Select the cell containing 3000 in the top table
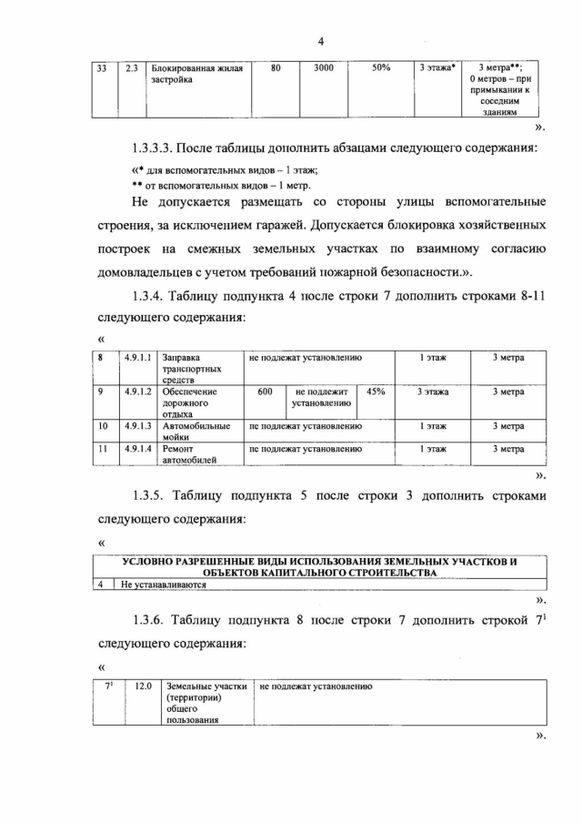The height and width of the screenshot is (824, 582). [324, 68]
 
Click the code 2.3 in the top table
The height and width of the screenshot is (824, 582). [131, 68]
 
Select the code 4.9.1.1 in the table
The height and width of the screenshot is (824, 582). [136, 359]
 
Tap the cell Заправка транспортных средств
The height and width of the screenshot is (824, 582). [186, 370]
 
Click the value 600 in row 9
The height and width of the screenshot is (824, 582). [265, 392]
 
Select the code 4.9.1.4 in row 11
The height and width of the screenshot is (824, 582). [136, 449]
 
